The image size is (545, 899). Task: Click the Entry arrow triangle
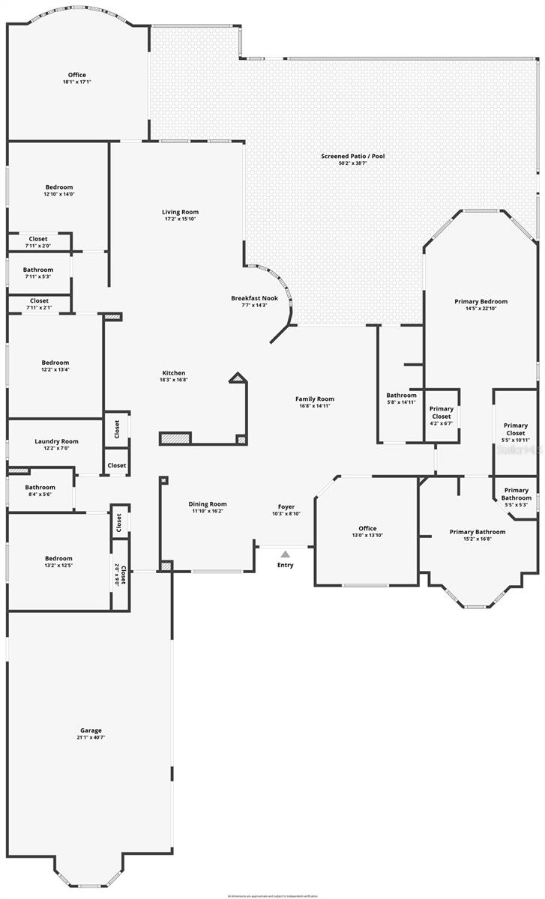tap(285, 554)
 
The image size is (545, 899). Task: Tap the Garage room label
tap(91, 730)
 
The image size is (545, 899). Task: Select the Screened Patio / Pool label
tap(352, 156)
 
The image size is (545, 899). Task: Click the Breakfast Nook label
tap(254, 298)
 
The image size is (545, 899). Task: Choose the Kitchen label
tap(174, 373)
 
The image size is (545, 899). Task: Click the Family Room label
tap(315, 399)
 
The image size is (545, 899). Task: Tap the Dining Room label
tap(208, 504)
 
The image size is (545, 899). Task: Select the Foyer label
tap(286, 507)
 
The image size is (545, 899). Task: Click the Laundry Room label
tap(56, 441)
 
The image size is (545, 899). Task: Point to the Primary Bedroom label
tap(481, 301)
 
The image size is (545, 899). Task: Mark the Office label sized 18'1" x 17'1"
tap(76, 75)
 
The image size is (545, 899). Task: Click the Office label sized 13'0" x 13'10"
tap(367, 528)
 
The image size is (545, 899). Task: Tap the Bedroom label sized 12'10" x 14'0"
tap(59, 187)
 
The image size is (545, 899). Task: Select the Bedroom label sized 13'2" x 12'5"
tap(58, 558)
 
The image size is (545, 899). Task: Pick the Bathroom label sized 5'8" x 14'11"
tap(401, 396)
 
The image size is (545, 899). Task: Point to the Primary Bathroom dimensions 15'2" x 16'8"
tap(478, 539)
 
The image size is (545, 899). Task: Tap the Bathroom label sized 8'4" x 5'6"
tap(40, 487)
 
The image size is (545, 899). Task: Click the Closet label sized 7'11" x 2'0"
tap(38, 239)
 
